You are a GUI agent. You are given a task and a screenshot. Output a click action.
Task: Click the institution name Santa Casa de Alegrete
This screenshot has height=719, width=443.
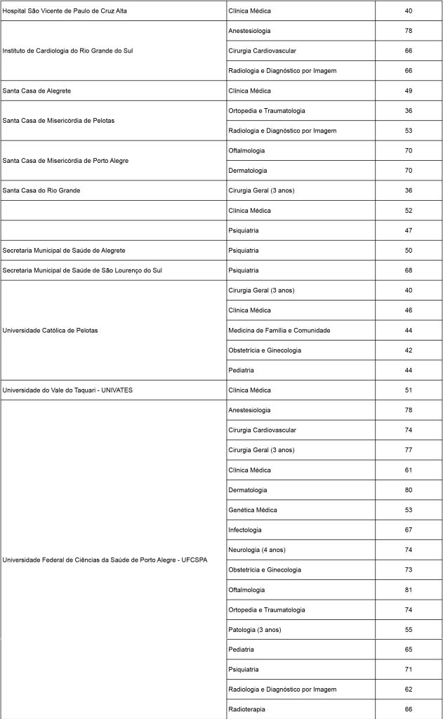click(39, 91)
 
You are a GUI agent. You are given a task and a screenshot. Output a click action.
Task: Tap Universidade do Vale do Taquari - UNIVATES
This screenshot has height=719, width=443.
click(67, 390)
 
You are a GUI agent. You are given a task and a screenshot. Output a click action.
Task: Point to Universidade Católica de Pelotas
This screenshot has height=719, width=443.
click(50, 331)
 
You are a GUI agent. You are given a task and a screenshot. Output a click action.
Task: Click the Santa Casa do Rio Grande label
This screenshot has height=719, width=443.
click(41, 191)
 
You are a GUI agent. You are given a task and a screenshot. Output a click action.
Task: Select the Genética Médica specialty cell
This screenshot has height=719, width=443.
click(253, 510)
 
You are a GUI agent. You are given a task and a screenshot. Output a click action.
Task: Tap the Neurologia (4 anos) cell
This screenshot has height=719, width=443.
click(257, 550)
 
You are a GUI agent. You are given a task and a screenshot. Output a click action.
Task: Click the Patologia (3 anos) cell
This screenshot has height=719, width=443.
click(255, 630)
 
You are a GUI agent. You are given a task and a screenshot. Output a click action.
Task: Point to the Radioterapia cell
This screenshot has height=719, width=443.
click(246, 710)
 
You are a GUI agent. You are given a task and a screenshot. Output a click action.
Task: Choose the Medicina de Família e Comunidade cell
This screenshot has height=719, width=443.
click(279, 331)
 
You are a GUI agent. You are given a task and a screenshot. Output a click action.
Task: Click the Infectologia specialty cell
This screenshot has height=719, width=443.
click(245, 530)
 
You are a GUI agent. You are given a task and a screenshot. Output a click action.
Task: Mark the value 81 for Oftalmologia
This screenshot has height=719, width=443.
click(408, 590)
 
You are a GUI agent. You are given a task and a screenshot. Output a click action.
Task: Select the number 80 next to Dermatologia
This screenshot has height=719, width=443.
click(408, 490)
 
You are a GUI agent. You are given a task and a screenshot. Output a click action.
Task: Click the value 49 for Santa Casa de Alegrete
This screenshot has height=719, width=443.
click(408, 91)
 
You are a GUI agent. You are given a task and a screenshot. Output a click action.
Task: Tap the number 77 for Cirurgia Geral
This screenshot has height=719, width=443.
click(408, 450)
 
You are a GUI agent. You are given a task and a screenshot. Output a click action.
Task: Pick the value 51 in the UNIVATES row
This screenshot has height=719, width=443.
click(408, 390)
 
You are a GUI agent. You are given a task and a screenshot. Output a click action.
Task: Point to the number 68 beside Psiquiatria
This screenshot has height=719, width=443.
click(408, 271)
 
